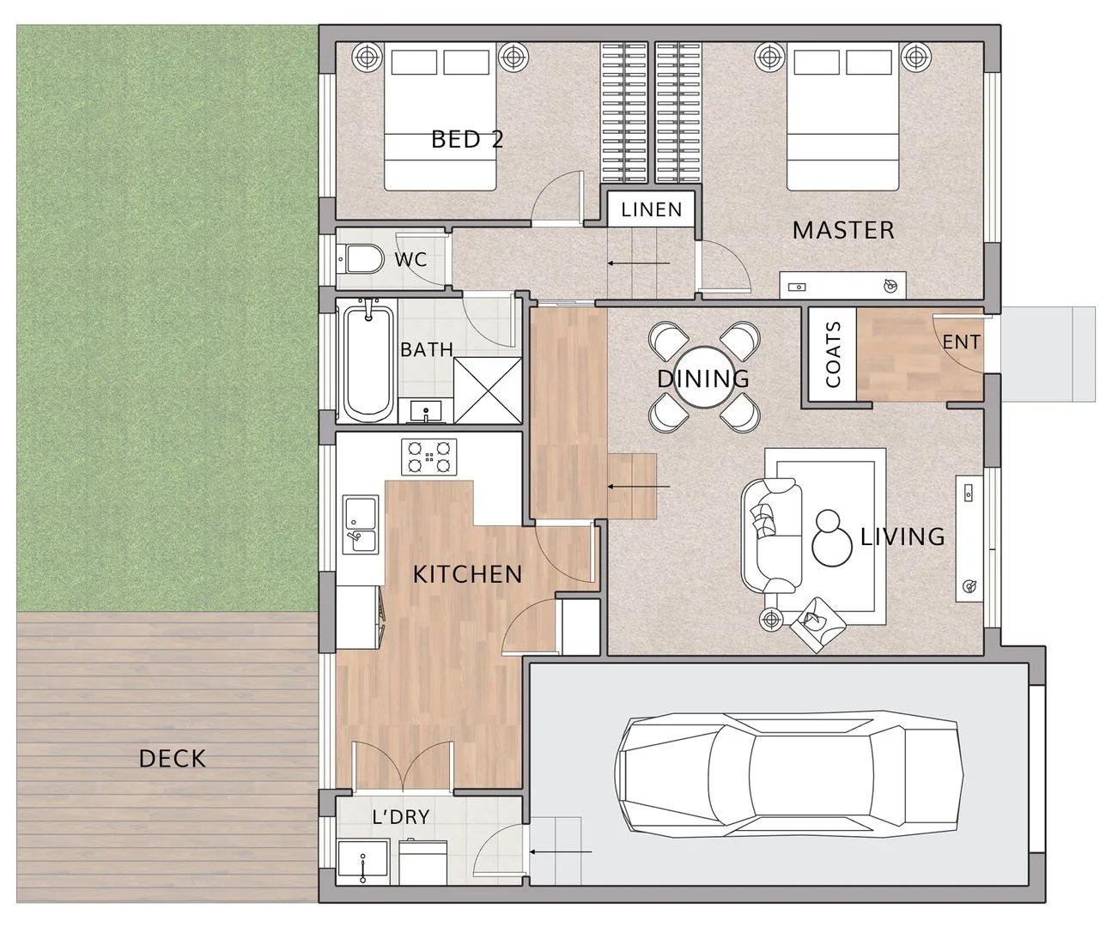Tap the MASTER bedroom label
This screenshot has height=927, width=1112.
coord(842,230)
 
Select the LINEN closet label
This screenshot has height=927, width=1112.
coord(652,209)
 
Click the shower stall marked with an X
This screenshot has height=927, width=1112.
coord(487,391)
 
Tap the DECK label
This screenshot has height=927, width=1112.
coord(173,759)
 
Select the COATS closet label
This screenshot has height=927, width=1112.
coord(832,354)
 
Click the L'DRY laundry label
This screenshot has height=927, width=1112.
coord(401,817)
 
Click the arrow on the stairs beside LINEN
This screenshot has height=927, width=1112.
coord(637,263)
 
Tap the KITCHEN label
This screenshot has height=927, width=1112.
coord(467,574)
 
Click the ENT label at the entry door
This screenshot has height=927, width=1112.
coord(961,342)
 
